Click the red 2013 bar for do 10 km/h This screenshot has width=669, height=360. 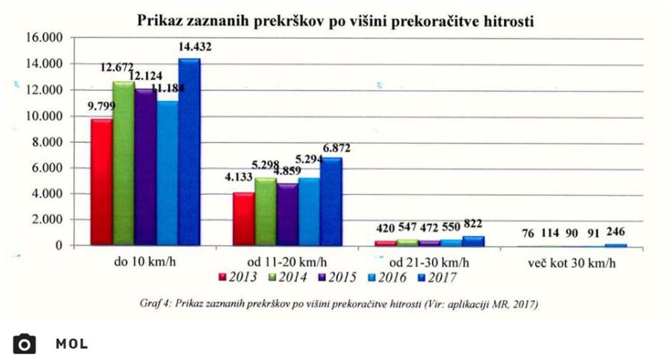click(x=101, y=182)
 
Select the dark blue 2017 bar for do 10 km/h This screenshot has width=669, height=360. click(x=189, y=152)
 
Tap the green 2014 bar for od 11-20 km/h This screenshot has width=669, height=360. click(x=265, y=211)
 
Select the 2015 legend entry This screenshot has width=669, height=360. click(x=334, y=277)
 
